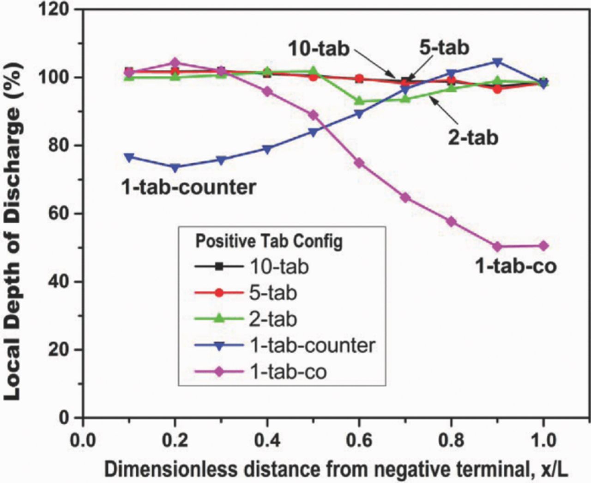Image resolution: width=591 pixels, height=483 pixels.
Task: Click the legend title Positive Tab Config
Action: [269, 241]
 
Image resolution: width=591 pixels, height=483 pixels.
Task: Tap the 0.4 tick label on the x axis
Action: [267, 440]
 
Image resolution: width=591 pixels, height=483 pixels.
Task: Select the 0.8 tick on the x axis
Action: [452, 440]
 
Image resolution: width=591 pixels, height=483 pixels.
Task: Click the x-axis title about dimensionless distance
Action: [336, 470]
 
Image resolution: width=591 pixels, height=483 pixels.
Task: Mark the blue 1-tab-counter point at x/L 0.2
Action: [175, 168]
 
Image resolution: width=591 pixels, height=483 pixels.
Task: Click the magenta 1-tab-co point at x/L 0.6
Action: [359, 163]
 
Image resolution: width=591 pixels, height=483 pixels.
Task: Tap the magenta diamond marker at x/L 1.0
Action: [543, 246]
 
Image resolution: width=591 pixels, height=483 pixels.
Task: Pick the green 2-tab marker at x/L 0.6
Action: [359, 101]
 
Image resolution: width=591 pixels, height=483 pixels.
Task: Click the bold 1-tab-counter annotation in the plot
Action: [188, 187]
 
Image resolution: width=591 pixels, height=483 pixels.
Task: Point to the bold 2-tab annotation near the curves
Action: [473, 137]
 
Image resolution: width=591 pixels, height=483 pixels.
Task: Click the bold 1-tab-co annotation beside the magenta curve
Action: [516, 266]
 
